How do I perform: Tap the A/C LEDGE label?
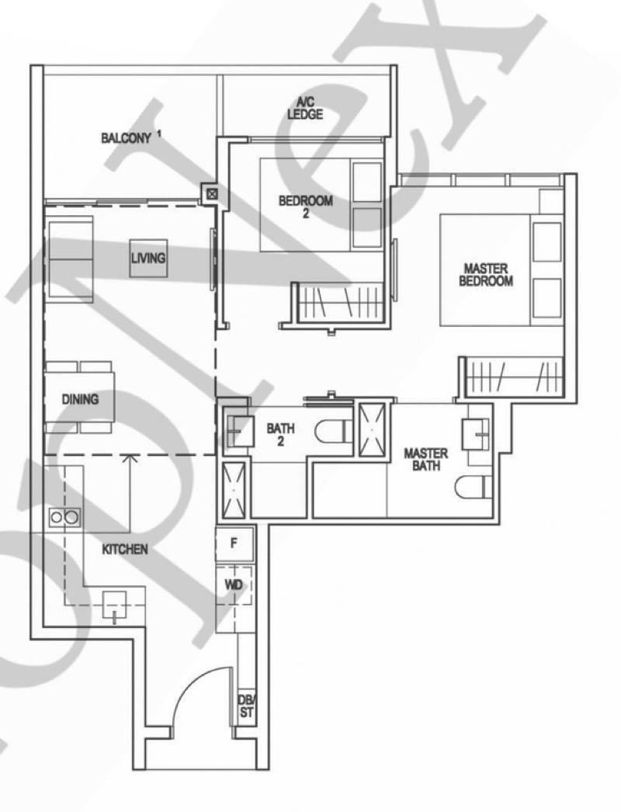[305, 109]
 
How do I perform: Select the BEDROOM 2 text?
[306, 206]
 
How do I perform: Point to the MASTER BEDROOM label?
[486, 275]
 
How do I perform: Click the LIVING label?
[148, 258]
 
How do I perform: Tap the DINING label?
[81, 400]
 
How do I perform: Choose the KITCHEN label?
[124, 549]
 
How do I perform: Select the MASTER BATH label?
[422, 459]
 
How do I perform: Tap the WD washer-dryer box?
[234, 584]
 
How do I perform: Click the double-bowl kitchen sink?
[64, 515]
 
